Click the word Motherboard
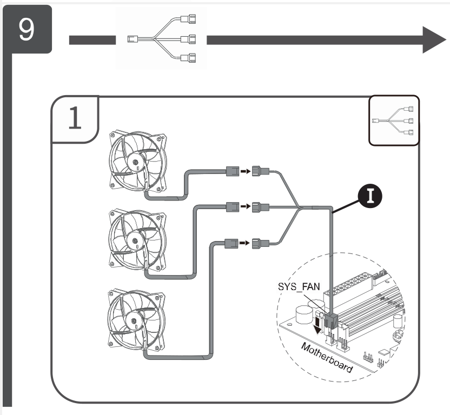(326, 357)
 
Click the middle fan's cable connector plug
(231, 206)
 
